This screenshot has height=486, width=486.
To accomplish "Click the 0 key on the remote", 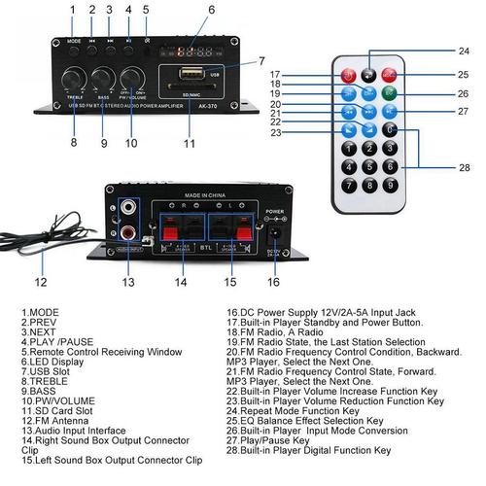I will (x=392, y=129).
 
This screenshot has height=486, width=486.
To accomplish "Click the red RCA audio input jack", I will (x=128, y=231).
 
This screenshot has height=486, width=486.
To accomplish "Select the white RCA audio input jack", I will (x=128, y=208).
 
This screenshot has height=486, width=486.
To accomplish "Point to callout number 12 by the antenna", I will (x=40, y=283).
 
